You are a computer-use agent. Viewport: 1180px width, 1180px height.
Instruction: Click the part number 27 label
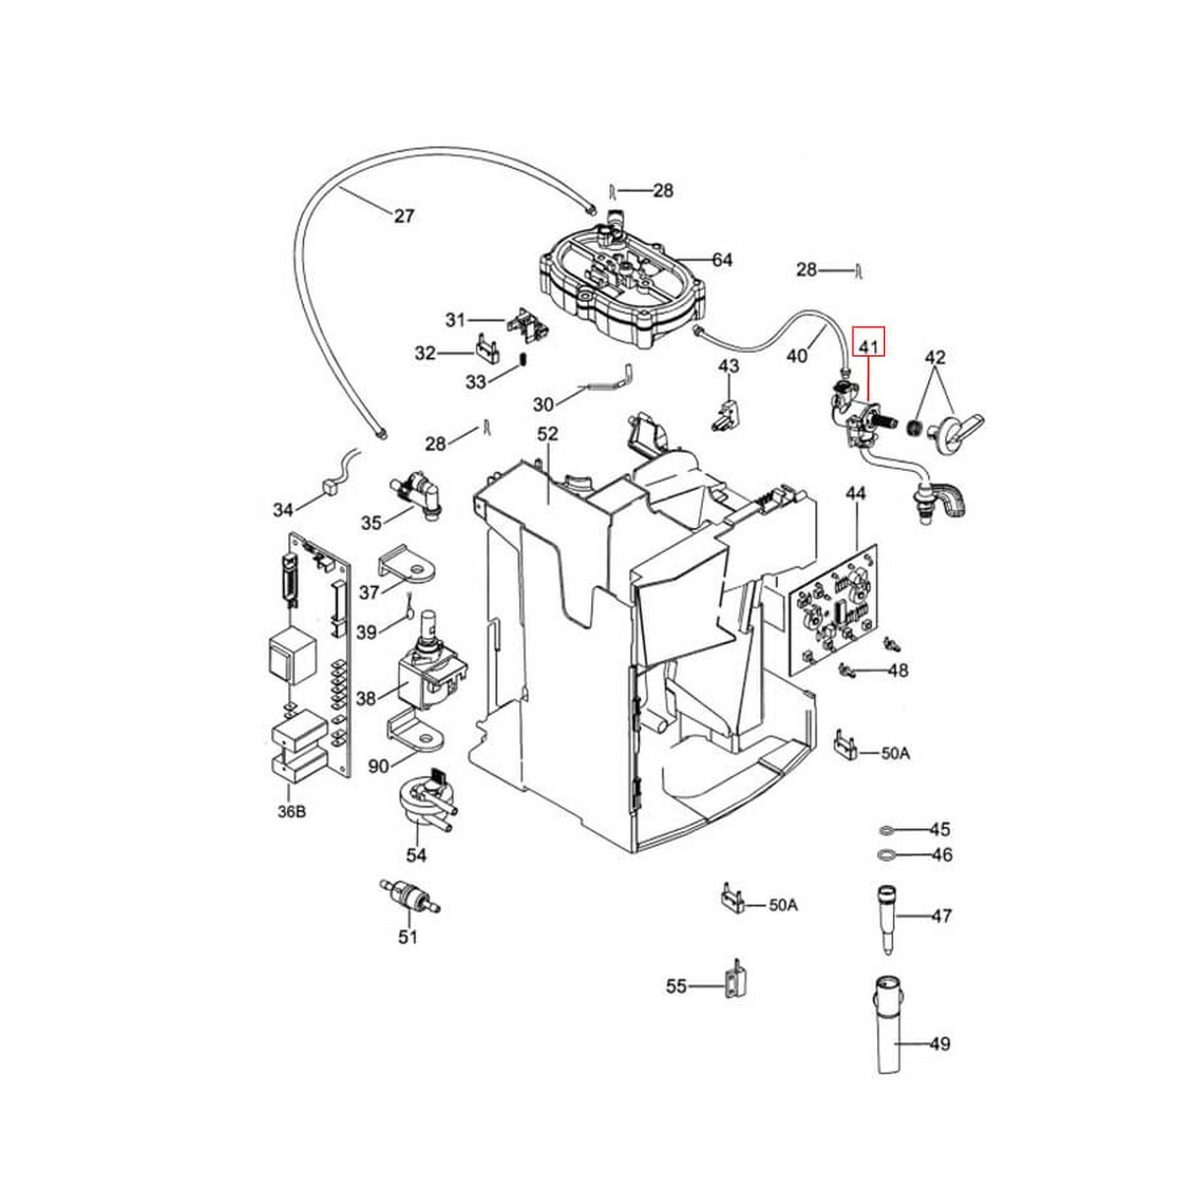coord(404,216)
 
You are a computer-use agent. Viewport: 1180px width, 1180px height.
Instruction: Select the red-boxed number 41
coord(868,345)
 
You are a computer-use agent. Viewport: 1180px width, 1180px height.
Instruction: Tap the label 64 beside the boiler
coord(723,260)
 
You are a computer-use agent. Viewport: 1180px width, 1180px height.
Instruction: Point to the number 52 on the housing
coord(548,433)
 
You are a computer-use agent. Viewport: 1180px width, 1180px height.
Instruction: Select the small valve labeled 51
coord(406,897)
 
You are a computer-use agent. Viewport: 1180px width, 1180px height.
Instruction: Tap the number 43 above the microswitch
coord(729,366)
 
